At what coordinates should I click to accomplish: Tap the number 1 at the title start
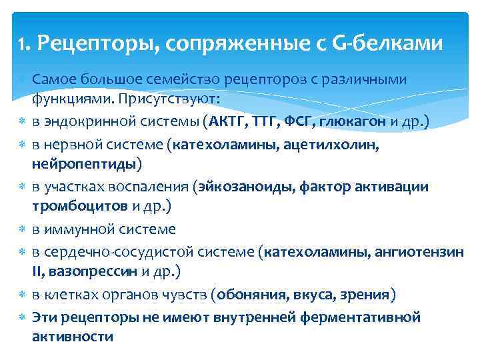21,45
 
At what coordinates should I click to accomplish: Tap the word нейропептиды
83,163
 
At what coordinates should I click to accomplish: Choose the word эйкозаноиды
238,186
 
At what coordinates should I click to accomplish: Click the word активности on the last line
72,337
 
